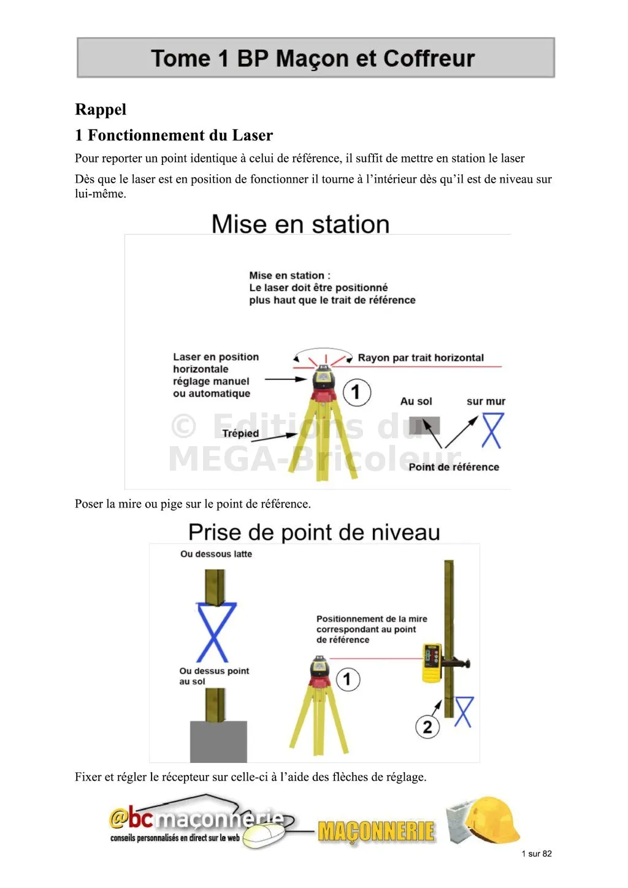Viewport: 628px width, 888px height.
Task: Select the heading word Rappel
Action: point(101,110)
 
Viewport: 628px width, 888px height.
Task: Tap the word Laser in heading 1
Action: point(252,135)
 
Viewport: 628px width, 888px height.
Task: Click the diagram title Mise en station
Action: point(301,224)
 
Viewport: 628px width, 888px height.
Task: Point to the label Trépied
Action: point(240,433)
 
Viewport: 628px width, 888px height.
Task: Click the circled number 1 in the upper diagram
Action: point(356,392)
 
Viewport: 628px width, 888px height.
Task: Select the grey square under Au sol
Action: point(424,426)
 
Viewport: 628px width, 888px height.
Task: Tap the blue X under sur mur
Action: point(492,430)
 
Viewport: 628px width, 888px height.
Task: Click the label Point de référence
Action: point(454,467)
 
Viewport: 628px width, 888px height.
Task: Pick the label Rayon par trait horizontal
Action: point(421,358)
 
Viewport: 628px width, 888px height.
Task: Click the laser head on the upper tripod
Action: point(323,378)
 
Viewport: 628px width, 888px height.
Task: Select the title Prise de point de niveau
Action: point(314,533)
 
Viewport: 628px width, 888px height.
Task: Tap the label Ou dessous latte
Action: point(216,554)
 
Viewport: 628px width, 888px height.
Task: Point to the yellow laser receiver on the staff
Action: point(432,662)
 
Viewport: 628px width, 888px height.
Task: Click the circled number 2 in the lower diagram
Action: point(427,727)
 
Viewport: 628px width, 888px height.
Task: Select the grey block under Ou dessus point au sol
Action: point(218,741)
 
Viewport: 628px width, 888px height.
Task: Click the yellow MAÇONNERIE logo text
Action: point(377,832)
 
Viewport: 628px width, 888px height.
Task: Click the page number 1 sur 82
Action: point(537,854)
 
